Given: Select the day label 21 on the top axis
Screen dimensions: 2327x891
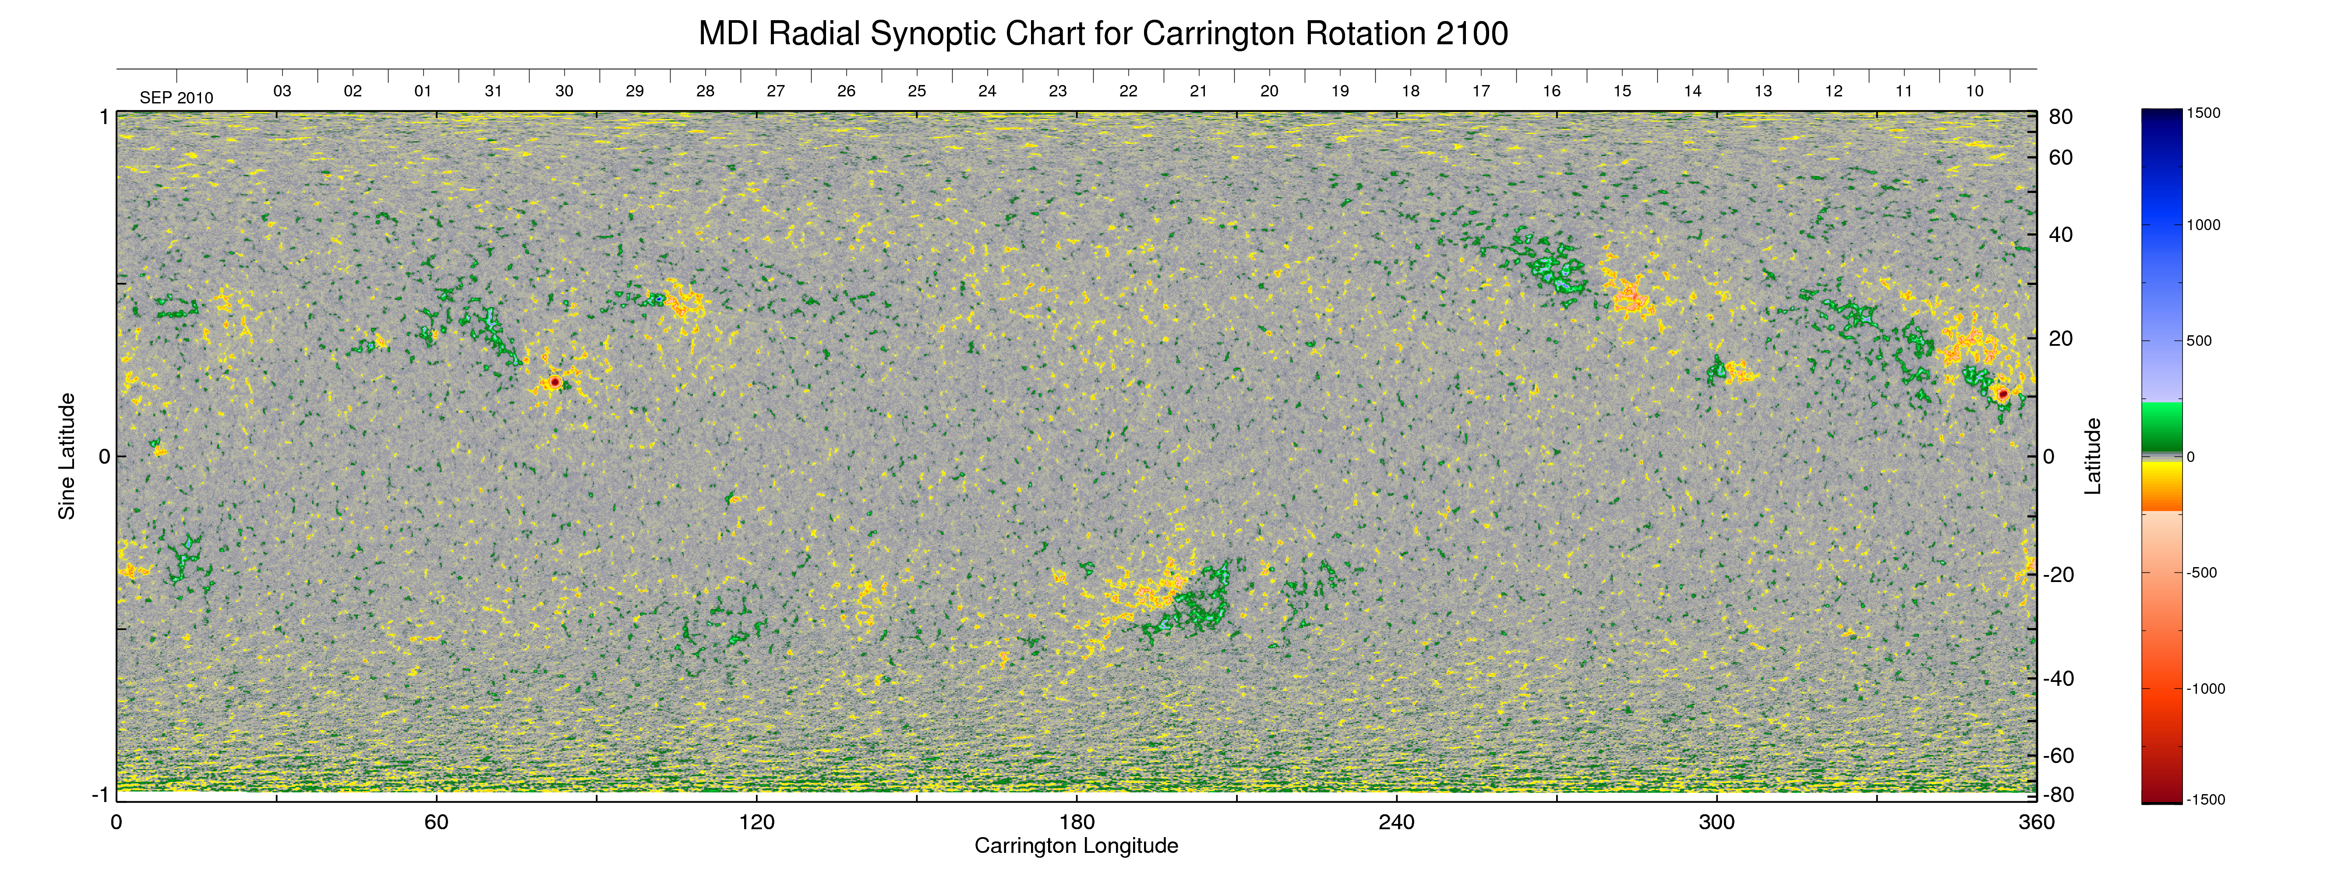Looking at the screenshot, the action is (1199, 91).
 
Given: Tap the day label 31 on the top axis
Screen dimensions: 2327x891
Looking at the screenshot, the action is (493, 91).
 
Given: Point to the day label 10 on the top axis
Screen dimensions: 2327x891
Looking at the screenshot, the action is (1975, 91).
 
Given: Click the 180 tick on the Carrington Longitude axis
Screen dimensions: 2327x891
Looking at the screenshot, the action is (1077, 822).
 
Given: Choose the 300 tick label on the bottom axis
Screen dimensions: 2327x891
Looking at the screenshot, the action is (1716, 822).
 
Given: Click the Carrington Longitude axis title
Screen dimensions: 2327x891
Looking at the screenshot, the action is (1076, 846).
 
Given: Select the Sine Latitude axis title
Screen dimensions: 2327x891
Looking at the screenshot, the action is (67, 456).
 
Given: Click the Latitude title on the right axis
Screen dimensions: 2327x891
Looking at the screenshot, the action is (2093, 456).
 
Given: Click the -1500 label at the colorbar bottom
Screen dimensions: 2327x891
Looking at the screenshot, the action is (2206, 800).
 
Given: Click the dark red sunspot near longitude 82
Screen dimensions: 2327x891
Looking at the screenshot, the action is (554, 382).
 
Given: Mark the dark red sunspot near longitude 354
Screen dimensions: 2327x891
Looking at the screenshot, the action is (2003, 394).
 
